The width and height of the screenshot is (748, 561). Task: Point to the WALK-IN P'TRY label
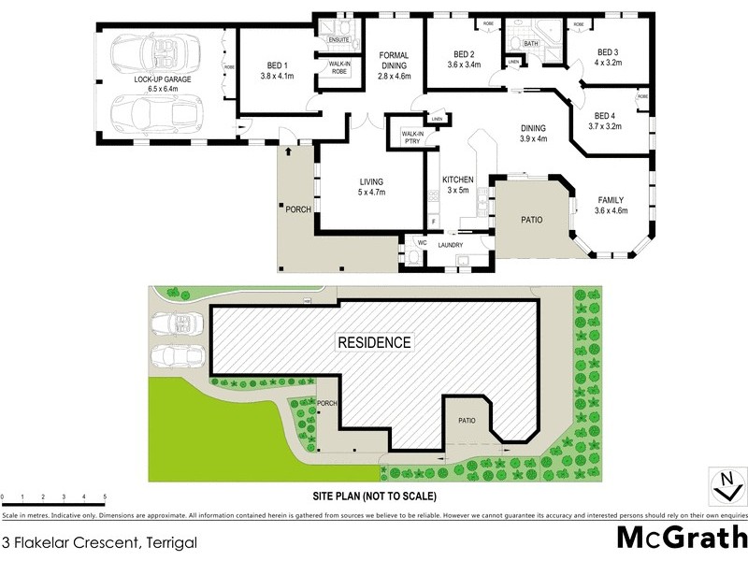[x=412, y=137]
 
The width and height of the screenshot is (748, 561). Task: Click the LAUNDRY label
[x=451, y=245]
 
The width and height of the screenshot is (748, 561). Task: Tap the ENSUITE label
[x=338, y=40]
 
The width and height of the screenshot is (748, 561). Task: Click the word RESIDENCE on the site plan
[x=374, y=342]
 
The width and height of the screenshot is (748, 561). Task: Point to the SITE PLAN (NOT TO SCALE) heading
[x=373, y=496]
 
